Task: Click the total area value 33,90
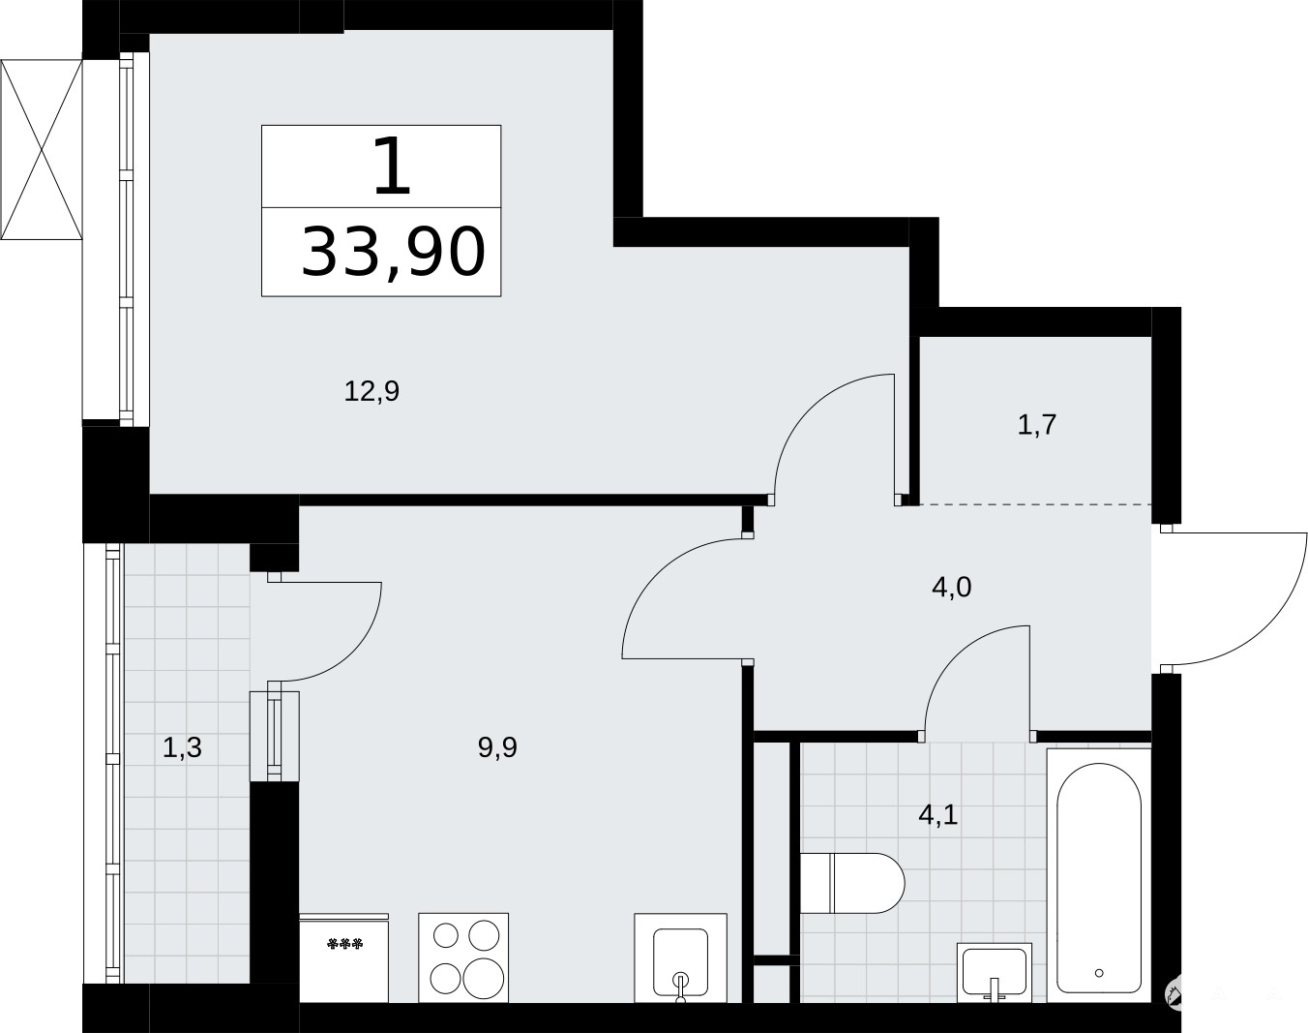(394, 253)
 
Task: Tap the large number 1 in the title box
(392, 166)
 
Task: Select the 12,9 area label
(372, 391)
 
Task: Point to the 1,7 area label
(1037, 425)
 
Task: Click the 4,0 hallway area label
(951, 587)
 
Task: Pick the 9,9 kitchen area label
(497, 747)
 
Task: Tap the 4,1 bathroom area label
(937, 815)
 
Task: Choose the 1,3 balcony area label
(182, 747)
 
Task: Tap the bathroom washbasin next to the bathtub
(995, 972)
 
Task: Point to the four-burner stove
(463, 957)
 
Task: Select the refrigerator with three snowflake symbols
(344, 957)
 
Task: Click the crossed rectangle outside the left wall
(42, 150)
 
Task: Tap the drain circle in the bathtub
(1099, 973)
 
